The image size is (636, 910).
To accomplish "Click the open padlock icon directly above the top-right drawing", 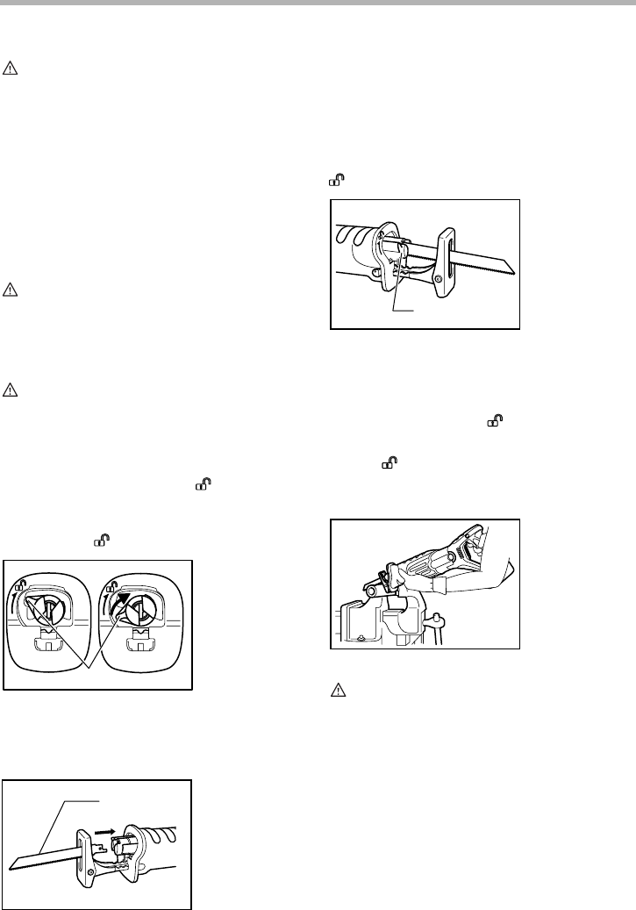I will pyautogui.click(x=336, y=181).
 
